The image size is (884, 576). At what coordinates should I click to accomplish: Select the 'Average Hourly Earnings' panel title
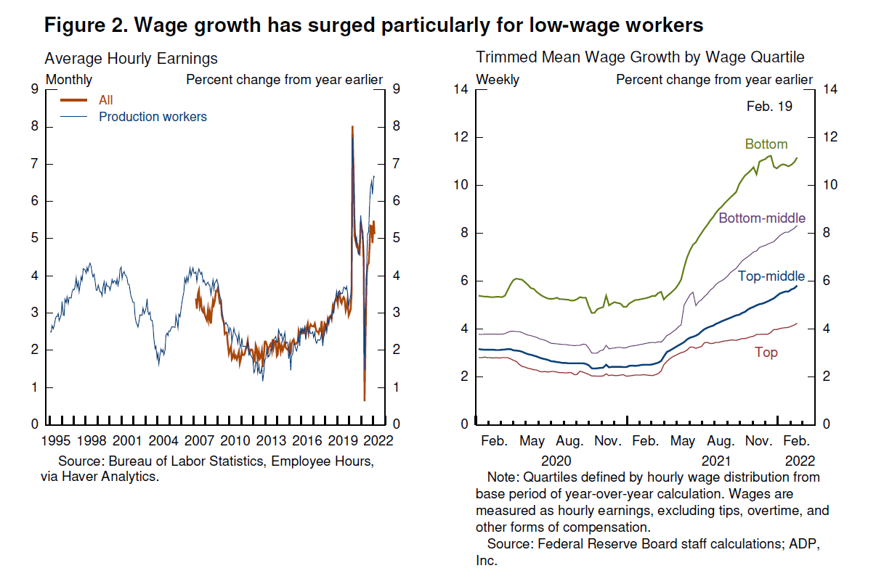click(131, 58)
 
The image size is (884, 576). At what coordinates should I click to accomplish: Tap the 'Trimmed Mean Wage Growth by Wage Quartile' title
click(640, 57)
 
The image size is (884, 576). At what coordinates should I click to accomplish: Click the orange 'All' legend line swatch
click(74, 101)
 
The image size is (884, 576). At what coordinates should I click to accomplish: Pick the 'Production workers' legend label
click(153, 117)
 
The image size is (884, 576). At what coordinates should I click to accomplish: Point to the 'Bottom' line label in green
click(766, 144)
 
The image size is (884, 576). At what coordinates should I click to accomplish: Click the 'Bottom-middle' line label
click(762, 218)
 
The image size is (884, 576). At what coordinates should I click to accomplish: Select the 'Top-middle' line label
click(771, 276)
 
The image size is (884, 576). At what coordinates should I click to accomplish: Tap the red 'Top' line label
click(766, 353)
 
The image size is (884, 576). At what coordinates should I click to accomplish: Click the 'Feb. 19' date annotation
click(769, 107)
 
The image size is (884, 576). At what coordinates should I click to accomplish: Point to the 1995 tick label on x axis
click(56, 440)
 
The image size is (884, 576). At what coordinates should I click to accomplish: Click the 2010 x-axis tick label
click(235, 440)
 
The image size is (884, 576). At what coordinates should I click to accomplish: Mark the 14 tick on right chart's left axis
click(461, 89)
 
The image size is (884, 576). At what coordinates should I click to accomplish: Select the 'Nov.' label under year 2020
click(607, 440)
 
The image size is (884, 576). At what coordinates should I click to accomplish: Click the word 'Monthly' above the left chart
click(69, 80)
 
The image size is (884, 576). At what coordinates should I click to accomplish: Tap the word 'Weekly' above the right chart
click(498, 80)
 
